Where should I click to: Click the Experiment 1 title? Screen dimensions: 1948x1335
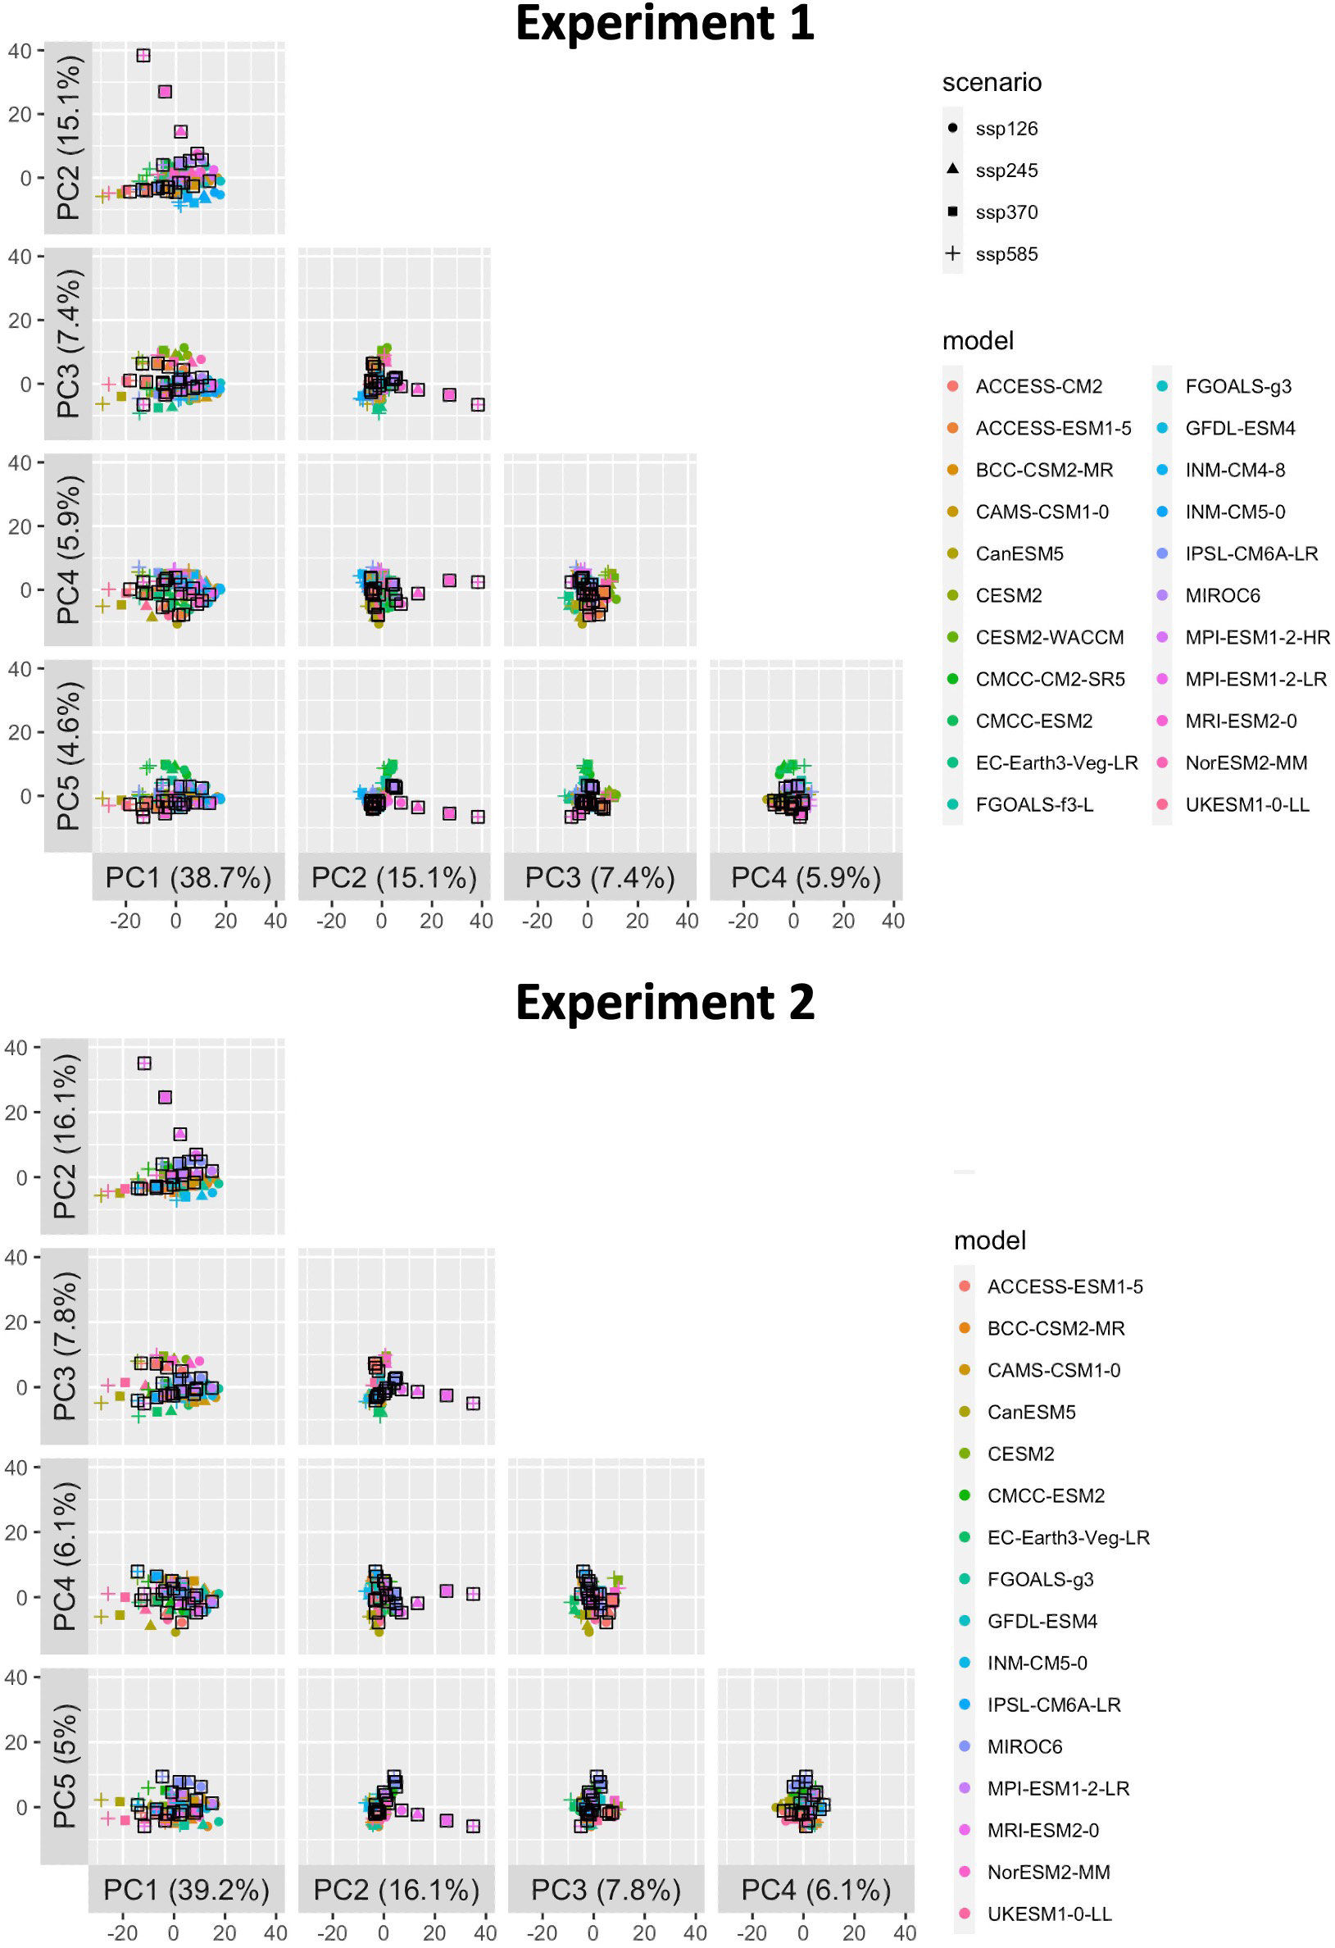(x=664, y=24)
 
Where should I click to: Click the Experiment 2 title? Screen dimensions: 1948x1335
(x=664, y=1003)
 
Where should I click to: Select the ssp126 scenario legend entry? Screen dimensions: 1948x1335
(x=1006, y=129)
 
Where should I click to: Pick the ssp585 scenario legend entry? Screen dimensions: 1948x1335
(x=1006, y=255)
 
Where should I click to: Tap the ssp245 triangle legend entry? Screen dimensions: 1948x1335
(x=1006, y=171)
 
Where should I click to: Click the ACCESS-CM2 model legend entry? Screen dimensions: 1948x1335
(x=1038, y=387)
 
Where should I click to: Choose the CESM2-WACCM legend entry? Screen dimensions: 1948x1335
(x=1048, y=638)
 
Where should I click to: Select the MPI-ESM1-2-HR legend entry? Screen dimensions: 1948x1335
(x=1256, y=638)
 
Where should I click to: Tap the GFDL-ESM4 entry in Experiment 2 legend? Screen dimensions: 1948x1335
(x=1042, y=1622)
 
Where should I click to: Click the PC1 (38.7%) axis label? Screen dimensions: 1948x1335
(x=188, y=877)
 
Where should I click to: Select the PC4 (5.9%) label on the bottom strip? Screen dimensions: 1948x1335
(x=806, y=877)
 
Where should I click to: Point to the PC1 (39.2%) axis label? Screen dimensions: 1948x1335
(x=186, y=1890)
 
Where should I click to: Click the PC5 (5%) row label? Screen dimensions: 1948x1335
(x=65, y=1766)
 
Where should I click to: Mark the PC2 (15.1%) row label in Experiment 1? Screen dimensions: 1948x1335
(x=68, y=138)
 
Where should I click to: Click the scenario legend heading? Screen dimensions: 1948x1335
(x=992, y=83)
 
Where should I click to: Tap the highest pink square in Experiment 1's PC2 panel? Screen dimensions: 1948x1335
(x=143, y=55)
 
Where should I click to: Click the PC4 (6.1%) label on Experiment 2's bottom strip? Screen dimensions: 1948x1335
(x=815, y=1890)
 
